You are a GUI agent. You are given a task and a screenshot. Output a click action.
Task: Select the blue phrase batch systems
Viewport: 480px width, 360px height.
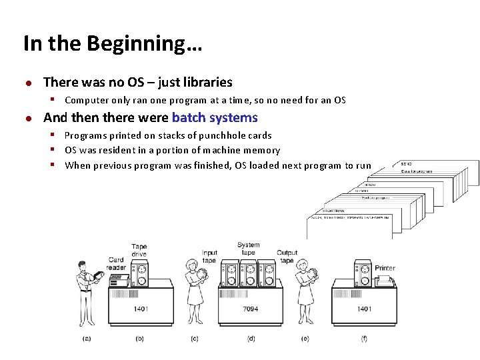(x=215, y=118)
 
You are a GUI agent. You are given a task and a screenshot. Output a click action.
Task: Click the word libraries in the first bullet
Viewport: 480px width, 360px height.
(x=203, y=83)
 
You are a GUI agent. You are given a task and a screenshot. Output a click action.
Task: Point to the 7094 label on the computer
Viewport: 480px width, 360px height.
(x=251, y=309)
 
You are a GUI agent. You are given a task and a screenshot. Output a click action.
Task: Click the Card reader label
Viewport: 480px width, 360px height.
(x=117, y=264)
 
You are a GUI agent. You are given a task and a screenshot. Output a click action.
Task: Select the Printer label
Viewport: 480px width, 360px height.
(x=385, y=268)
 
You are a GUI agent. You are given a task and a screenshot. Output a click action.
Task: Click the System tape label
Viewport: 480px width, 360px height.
(x=248, y=249)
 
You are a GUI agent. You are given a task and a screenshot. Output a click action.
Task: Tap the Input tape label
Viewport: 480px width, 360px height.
(x=210, y=257)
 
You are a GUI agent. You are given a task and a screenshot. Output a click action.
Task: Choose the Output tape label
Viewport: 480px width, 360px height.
(x=287, y=257)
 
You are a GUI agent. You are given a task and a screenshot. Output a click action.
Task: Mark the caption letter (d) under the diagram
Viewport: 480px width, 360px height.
(x=251, y=339)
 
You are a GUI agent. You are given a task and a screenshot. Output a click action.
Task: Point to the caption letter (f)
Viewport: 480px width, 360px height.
(x=364, y=339)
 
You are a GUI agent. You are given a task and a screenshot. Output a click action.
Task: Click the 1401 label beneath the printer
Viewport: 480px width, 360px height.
(x=364, y=309)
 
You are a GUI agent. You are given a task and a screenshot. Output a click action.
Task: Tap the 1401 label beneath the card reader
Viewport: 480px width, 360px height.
(x=140, y=309)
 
